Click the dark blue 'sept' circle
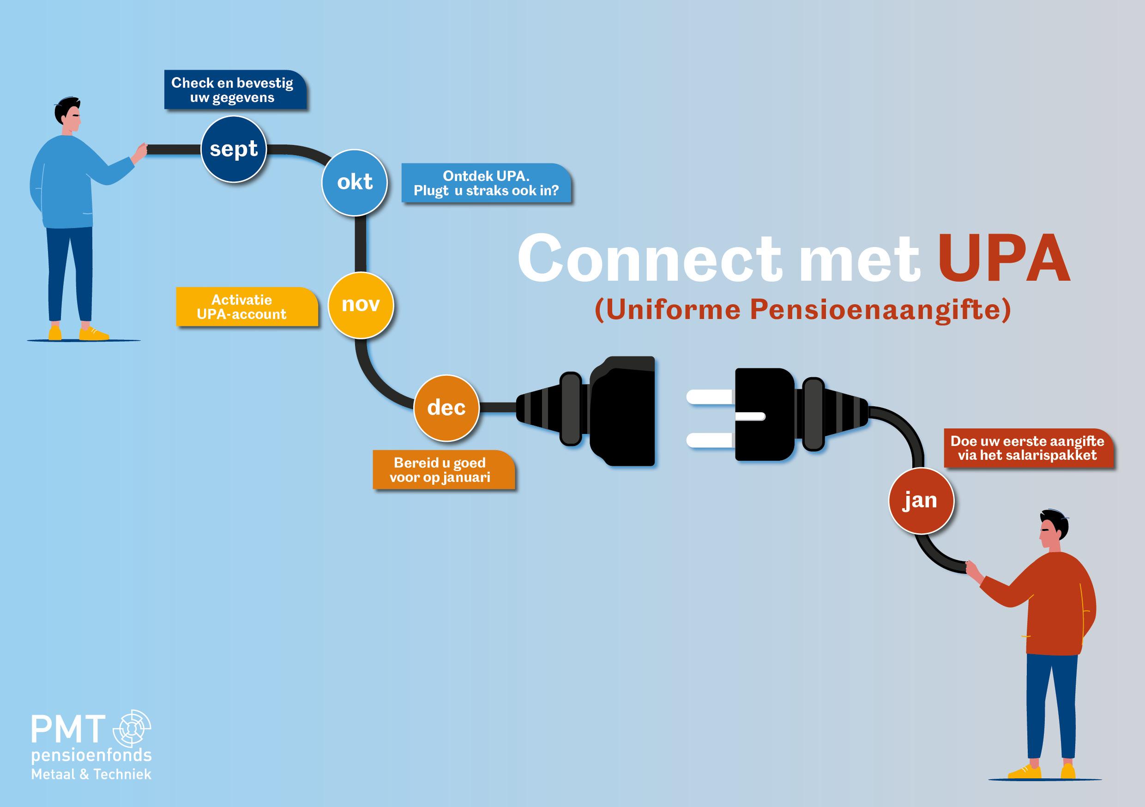pyautogui.click(x=234, y=149)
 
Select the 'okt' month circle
pyautogui.click(x=355, y=182)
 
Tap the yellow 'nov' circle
pyautogui.click(x=361, y=305)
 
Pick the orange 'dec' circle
pyautogui.click(x=446, y=408)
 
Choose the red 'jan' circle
pyautogui.click(x=921, y=501)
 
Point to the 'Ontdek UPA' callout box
pyautogui.click(x=486, y=183)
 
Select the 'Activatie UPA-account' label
pyautogui.click(x=246, y=307)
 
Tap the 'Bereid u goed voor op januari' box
pyautogui.click(x=442, y=470)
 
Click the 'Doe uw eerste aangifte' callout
pyautogui.click(x=1027, y=448)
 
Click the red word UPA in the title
pyautogui.click(x=1003, y=259)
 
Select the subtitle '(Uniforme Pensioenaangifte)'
pyautogui.click(x=802, y=310)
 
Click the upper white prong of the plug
pyautogui.click(x=708, y=397)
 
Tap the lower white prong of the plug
pyautogui.click(x=708, y=440)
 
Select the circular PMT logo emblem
pyautogui.click(x=132, y=728)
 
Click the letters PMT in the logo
pyautogui.click(x=68, y=729)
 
